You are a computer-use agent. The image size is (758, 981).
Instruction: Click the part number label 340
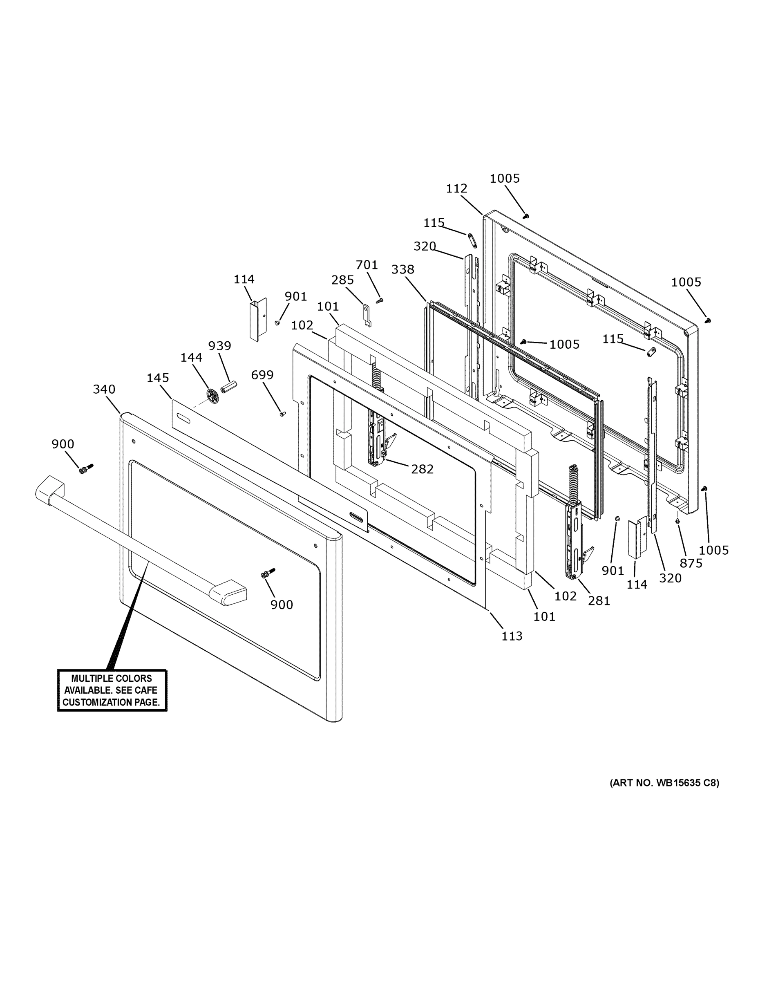point(104,389)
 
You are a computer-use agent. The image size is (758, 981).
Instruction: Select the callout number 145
point(158,378)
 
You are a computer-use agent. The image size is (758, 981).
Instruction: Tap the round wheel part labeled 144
point(212,395)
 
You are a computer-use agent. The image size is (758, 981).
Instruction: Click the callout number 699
point(262,374)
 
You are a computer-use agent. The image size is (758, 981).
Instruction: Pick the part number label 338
point(402,269)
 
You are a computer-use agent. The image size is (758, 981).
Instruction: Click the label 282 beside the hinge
point(422,469)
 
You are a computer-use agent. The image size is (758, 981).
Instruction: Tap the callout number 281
point(599,600)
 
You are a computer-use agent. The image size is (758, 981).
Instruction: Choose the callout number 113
point(512,636)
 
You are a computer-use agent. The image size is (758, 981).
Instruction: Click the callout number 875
point(691,563)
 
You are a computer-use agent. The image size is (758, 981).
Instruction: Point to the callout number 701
point(367,265)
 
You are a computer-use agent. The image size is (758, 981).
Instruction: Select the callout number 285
point(342,280)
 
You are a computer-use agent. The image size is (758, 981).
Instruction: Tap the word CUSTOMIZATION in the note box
point(97,702)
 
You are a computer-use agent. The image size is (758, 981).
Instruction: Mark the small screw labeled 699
point(282,414)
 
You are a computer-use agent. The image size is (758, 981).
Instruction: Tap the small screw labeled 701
point(380,300)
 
